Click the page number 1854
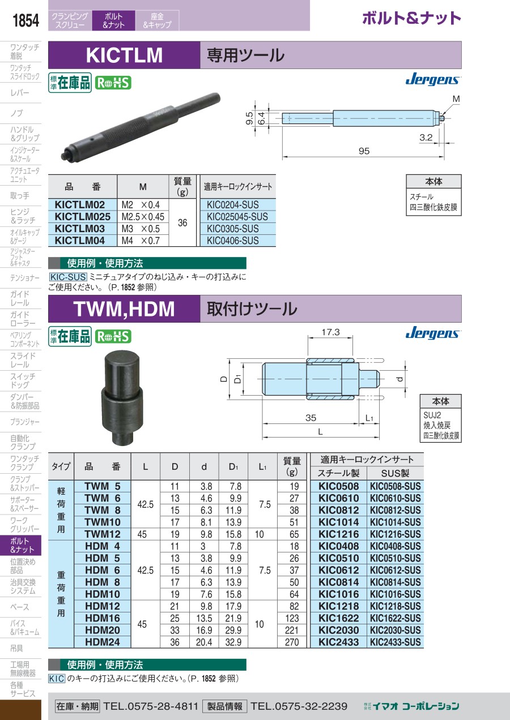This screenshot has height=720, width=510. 25,20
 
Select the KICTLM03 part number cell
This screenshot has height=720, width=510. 80,229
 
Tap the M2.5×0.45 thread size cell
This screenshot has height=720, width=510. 143,217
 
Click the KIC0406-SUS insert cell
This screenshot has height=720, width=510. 233,241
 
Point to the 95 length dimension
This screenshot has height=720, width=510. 364,151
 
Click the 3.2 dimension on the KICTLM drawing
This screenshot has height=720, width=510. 426,138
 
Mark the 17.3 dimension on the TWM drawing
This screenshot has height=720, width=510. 330,332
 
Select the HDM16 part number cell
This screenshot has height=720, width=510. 103,618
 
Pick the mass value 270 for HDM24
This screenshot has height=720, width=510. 292,642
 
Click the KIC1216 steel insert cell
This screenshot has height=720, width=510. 338,534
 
